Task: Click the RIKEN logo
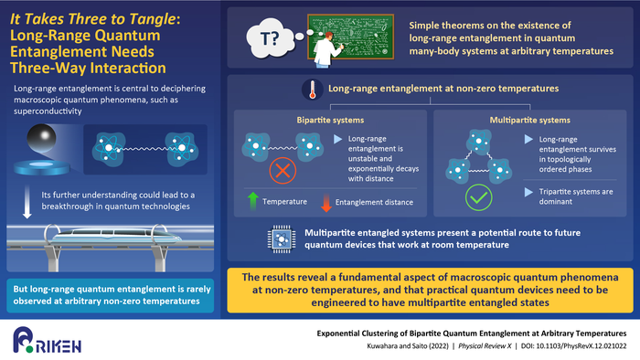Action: (x=44, y=340)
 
